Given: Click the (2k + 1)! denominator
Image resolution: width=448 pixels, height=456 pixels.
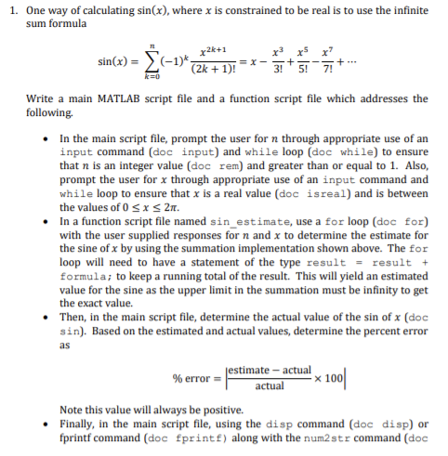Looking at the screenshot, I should point(211,70).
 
